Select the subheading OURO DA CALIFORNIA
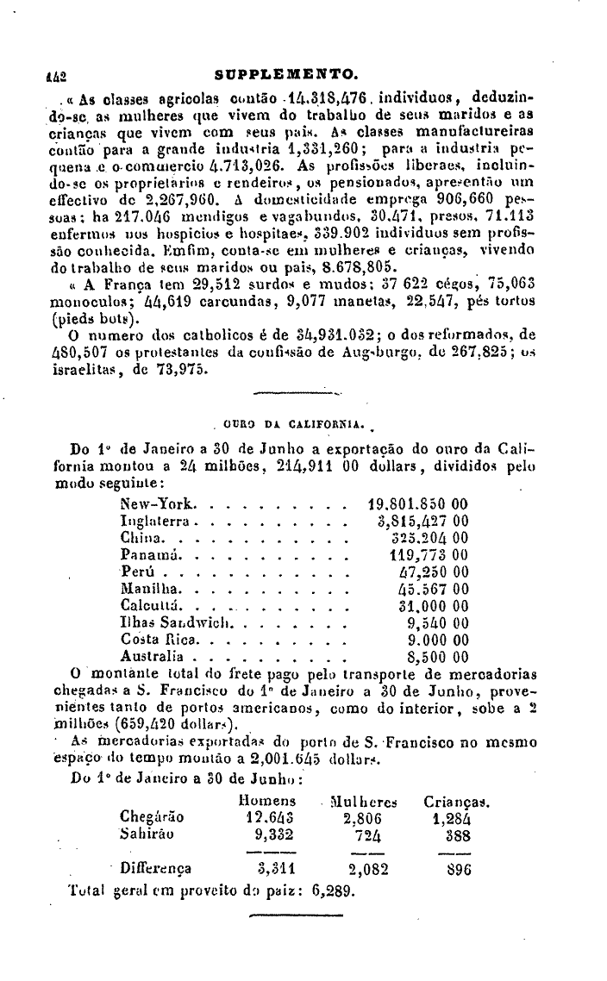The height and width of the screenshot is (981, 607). [x=293, y=423]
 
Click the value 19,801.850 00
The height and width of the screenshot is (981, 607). [x=418, y=503]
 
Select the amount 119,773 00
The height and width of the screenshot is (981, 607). [x=429, y=554]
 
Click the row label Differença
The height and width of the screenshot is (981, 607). [x=156, y=869]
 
